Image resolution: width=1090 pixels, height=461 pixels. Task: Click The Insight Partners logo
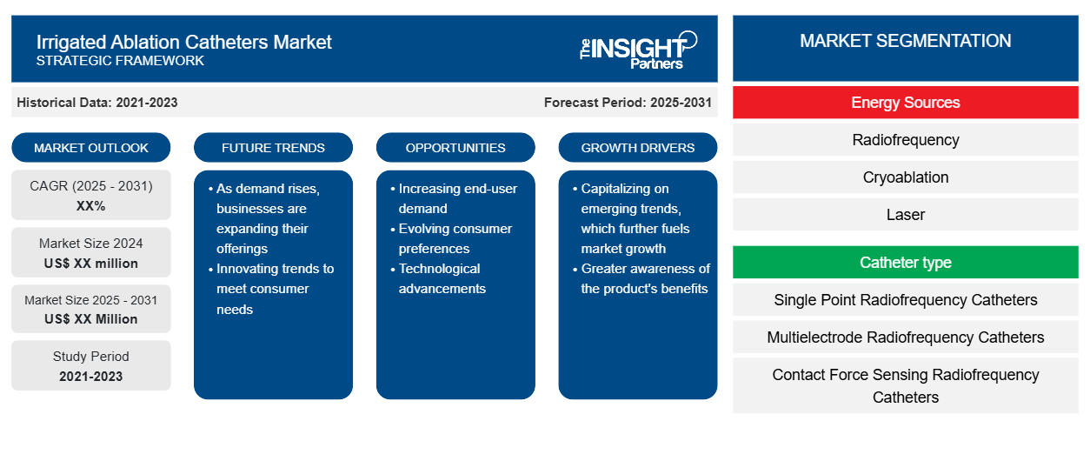pos(638,50)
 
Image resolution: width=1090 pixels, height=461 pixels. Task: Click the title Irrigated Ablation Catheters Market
pos(184,43)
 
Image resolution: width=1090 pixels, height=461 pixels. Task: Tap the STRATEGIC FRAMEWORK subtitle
pos(120,61)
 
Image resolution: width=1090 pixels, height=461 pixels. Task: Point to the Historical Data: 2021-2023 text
pos(97,103)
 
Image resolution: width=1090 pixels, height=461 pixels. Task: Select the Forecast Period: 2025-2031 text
pos(628,103)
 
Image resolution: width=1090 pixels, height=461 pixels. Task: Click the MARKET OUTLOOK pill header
pos(91,148)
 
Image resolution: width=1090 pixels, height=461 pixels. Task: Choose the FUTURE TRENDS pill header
pos(273,148)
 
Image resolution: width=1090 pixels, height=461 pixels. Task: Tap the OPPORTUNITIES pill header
pos(455,148)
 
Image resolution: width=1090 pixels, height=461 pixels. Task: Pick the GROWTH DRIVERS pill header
pos(638,148)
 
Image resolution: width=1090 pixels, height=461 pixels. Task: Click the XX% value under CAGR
pos(91,206)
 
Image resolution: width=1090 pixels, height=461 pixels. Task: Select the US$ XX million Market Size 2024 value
pos(91,264)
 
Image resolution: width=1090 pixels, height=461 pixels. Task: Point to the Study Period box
pos(91,365)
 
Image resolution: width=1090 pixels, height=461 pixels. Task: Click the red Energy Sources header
pos(906,103)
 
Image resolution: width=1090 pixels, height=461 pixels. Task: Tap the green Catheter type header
pos(906,263)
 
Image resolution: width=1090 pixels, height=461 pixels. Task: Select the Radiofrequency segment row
pos(906,140)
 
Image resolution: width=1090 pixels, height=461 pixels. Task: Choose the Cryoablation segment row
pos(906,177)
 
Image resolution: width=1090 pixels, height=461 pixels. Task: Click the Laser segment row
pos(906,215)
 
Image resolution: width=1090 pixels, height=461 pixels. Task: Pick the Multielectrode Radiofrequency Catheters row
pos(906,337)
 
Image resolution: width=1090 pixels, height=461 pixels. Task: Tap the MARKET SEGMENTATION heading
pos(906,41)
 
